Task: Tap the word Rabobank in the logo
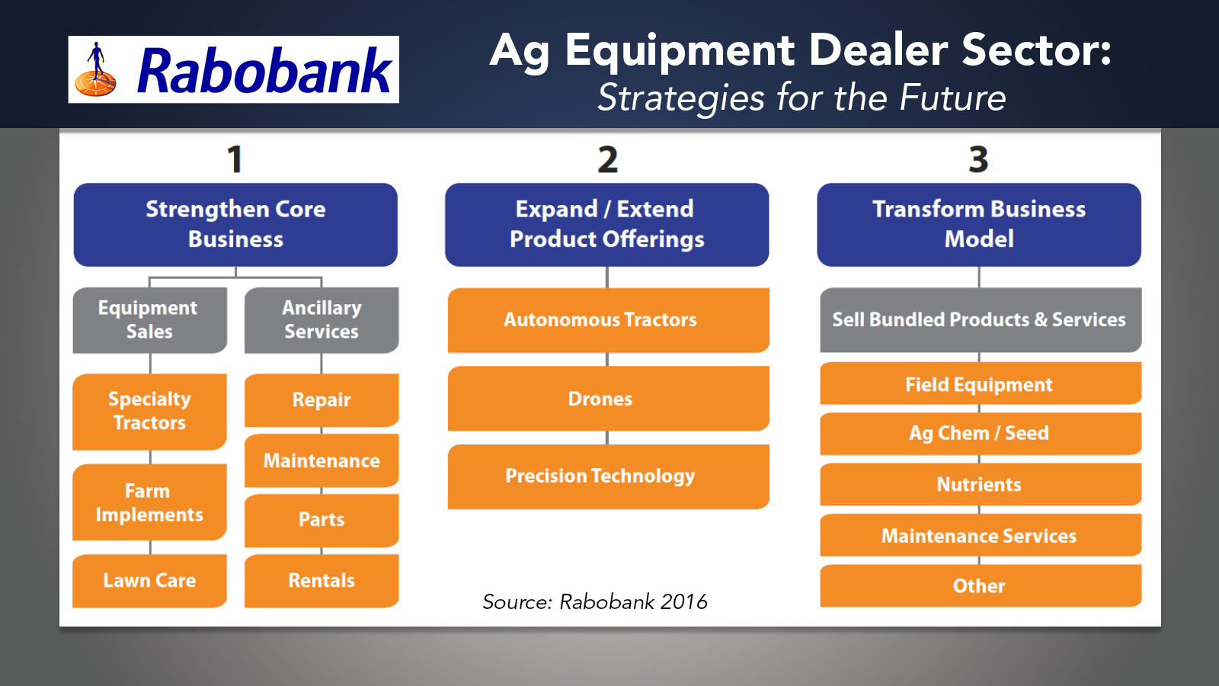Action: pos(264,70)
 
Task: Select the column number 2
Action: pos(607,159)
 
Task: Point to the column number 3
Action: pos(978,159)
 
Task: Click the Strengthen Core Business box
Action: pos(235,224)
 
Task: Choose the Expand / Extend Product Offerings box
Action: pos(606,224)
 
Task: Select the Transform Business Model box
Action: pos(979,224)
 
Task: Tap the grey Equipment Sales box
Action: pos(149,320)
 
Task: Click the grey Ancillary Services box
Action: pos(322,320)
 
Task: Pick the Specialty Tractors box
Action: pos(149,412)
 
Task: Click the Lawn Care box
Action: pos(149,581)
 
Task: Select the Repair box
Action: pos(322,400)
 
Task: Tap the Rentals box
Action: pos(322,581)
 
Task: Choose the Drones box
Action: pos(609,399)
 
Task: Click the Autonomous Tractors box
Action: pos(609,320)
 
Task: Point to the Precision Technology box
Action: pos(609,476)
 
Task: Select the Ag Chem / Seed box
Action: pos(981,434)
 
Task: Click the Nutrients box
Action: pos(981,484)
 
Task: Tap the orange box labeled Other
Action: pos(981,586)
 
